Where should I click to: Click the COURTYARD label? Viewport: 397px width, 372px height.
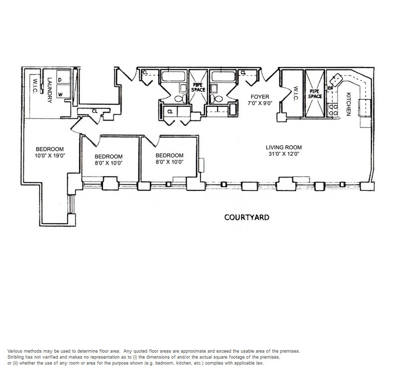tap(247, 217)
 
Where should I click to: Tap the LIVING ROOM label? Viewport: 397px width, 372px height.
tap(283, 147)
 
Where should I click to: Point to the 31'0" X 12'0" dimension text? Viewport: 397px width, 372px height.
tap(284, 154)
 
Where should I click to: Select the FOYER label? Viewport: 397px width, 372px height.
tap(260, 97)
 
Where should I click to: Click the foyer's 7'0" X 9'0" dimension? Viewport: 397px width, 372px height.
tap(260, 103)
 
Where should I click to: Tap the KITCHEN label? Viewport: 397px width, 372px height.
tap(349, 104)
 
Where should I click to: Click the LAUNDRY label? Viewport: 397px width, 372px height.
tap(50, 90)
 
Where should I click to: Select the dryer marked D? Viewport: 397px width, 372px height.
tap(64, 77)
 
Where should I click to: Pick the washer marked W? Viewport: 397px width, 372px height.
tap(64, 92)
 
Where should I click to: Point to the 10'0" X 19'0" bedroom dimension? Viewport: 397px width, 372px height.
tap(50, 155)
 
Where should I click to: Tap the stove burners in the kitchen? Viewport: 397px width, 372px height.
tap(332, 110)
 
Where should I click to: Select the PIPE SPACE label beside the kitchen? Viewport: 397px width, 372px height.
tap(315, 94)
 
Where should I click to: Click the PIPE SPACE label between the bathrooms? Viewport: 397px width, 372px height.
tap(198, 87)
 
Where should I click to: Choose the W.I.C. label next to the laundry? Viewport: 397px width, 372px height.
tap(35, 86)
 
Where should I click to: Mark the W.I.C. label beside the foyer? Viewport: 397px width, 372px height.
tap(296, 94)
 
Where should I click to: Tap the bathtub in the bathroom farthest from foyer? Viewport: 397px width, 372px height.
tap(174, 76)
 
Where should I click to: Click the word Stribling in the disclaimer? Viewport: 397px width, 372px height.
tap(16, 357)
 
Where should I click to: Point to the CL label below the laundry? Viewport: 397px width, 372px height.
tap(95, 111)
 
